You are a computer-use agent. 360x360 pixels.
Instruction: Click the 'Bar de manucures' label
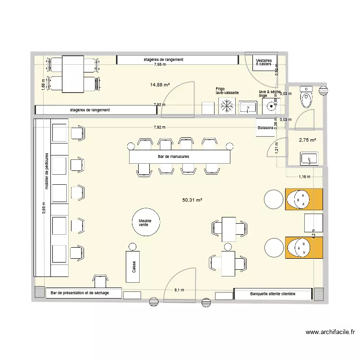click(x=173, y=157)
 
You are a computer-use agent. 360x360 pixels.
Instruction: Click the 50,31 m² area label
click(x=192, y=200)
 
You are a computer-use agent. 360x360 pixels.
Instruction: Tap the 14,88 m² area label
click(x=160, y=85)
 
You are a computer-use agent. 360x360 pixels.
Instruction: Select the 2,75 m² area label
click(x=307, y=140)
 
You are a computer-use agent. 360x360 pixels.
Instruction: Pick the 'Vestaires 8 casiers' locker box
click(x=264, y=62)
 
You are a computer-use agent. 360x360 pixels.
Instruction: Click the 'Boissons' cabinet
click(x=265, y=128)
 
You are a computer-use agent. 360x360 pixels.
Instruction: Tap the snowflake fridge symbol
click(x=225, y=107)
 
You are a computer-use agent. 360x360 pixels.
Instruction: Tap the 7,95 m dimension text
click(x=160, y=64)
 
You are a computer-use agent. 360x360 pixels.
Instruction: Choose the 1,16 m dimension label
click(x=304, y=177)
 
